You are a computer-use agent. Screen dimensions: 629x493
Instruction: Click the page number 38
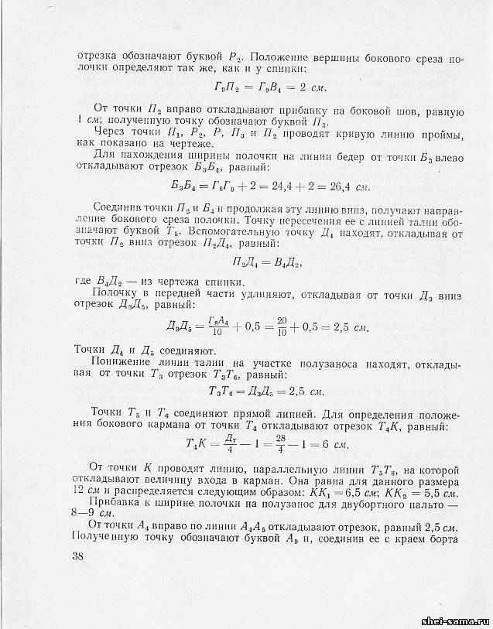(x=77, y=556)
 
